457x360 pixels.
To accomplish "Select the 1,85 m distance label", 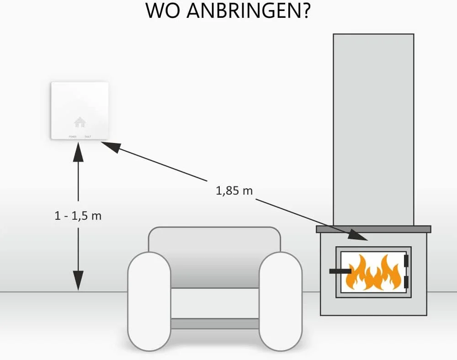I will [234, 191].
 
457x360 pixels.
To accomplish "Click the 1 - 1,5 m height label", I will [78, 216].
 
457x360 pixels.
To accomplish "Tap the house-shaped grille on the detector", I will [80, 122].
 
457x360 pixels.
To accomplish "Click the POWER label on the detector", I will [73, 137].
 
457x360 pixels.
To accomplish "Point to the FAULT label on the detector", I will [87, 137].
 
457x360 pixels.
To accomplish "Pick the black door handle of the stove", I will [340, 271].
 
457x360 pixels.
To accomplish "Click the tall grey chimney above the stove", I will [373, 128].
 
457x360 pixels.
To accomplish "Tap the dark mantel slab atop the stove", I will [373, 229].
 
